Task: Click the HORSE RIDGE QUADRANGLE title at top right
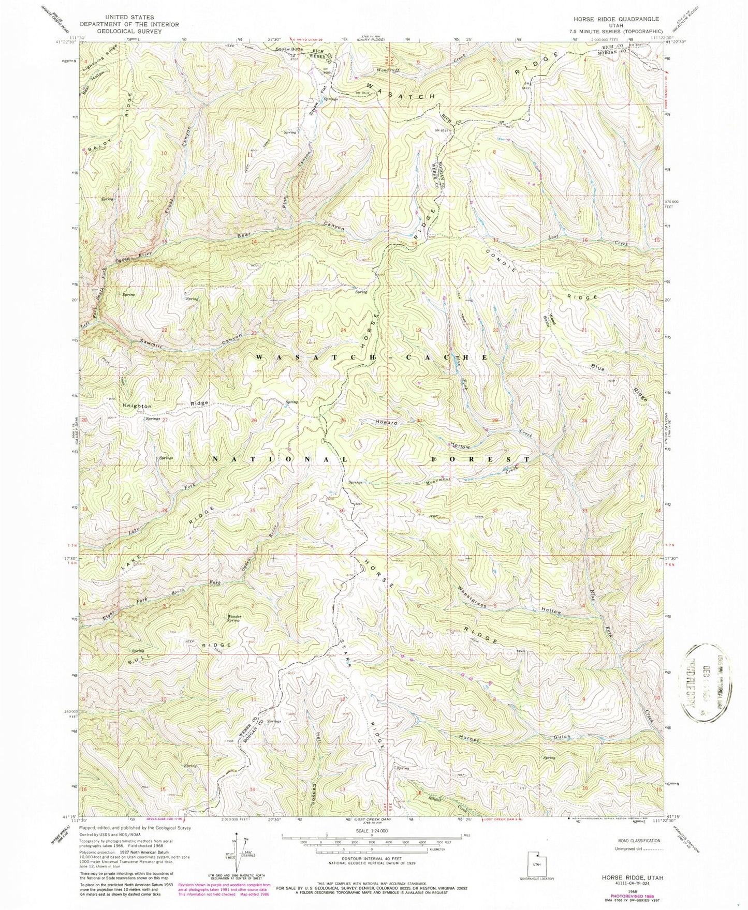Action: tap(615, 19)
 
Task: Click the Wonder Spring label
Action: tap(232, 618)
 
